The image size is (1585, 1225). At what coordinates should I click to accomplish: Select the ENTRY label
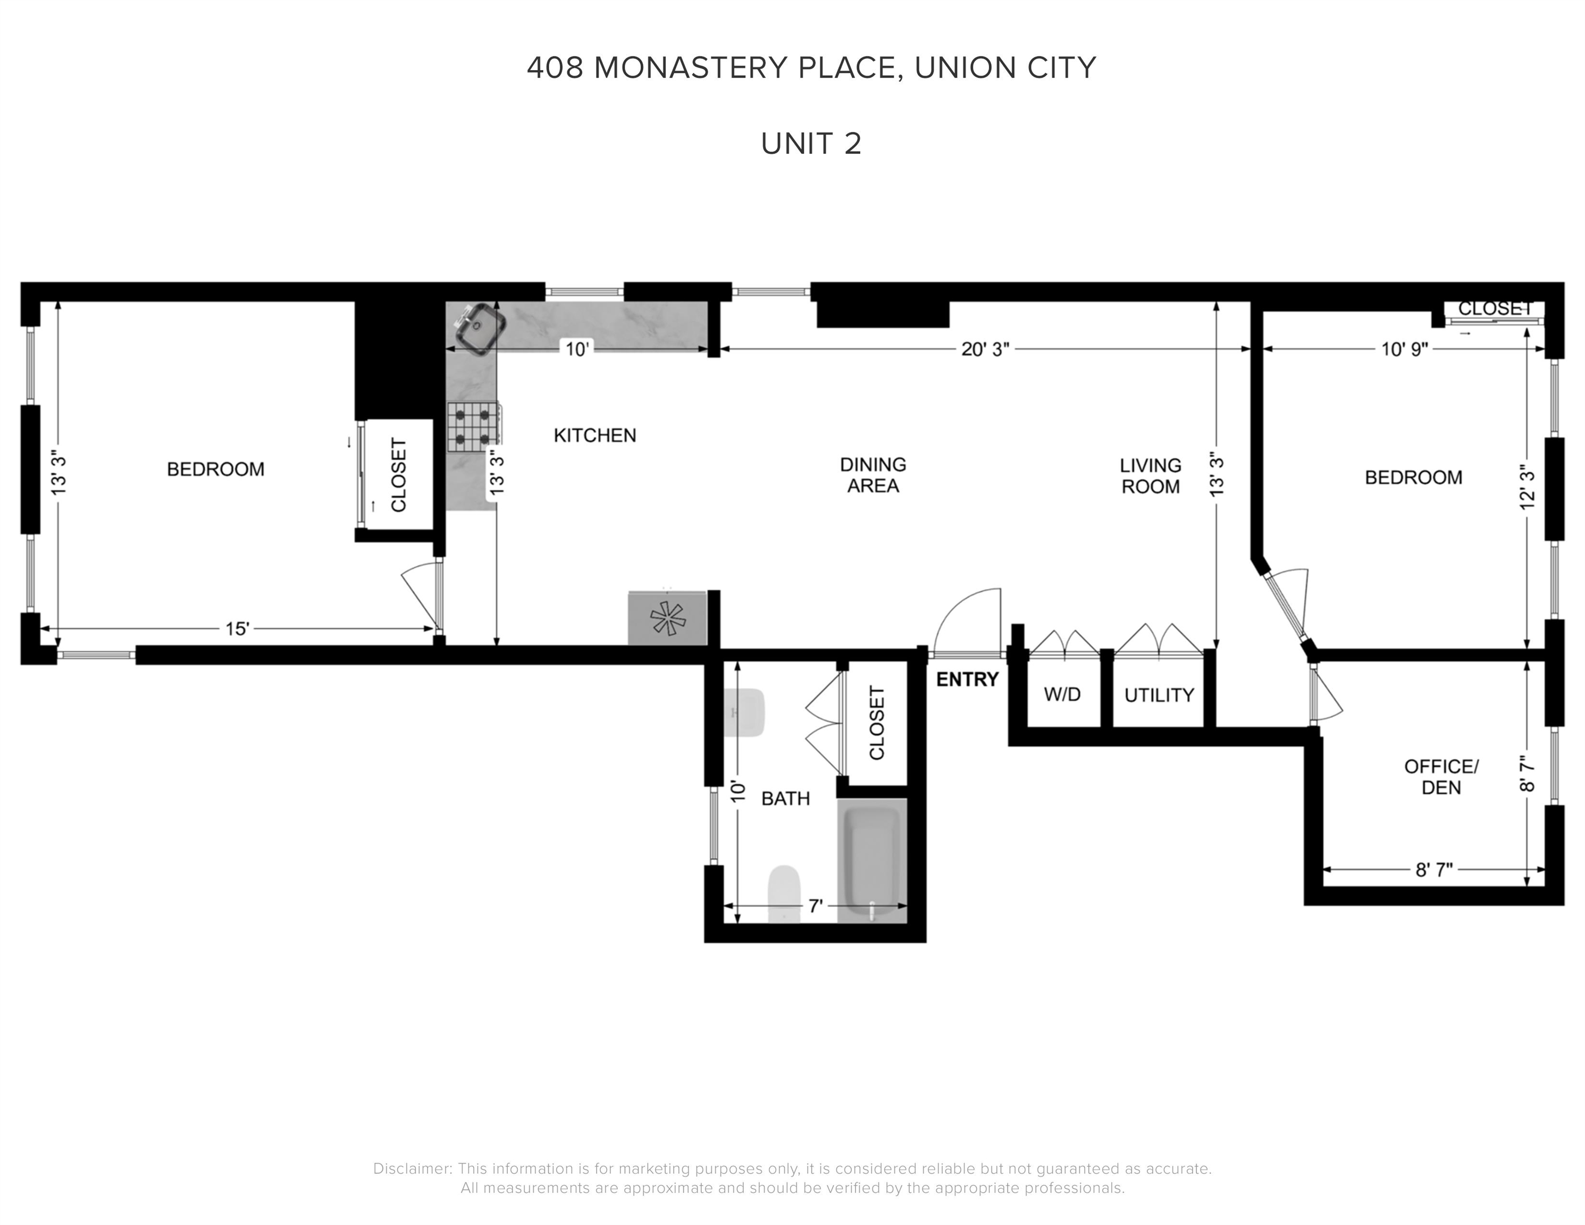pyautogui.click(x=967, y=680)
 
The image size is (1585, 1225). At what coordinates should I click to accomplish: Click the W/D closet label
pyautogui.click(x=1062, y=694)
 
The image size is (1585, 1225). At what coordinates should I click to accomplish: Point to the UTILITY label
pyautogui.click(x=1158, y=695)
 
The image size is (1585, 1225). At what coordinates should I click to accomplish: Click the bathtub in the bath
pyautogui.click(x=871, y=861)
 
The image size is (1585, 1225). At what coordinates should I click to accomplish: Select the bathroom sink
pyautogui.click(x=744, y=712)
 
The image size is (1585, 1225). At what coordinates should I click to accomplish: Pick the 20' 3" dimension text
pyautogui.click(x=985, y=349)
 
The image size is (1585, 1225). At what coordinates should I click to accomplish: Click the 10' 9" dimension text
pyautogui.click(x=1404, y=349)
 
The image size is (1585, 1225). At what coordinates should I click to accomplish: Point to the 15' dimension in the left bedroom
pyautogui.click(x=237, y=628)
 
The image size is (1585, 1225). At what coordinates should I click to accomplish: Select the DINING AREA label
pyautogui.click(x=873, y=475)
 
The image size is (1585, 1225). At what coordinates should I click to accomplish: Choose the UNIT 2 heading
pyautogui.click(x=811, y=144)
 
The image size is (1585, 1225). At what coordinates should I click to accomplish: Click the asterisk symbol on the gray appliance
pyautogui.click(x=667, y=619)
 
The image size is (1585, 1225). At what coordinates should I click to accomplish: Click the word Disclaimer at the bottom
pyautogui.click(x=412, y=1169)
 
